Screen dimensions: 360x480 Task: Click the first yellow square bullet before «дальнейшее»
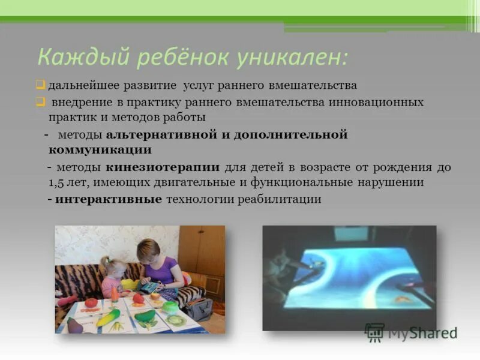pos(40,84)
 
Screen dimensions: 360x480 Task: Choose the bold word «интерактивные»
pos(109,199)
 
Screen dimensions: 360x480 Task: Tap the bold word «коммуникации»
pos(100,149)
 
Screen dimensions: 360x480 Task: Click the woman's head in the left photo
pos(148,248)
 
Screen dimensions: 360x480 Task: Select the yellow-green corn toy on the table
pos(108,317)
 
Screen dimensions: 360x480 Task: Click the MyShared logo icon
pos(375,332)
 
